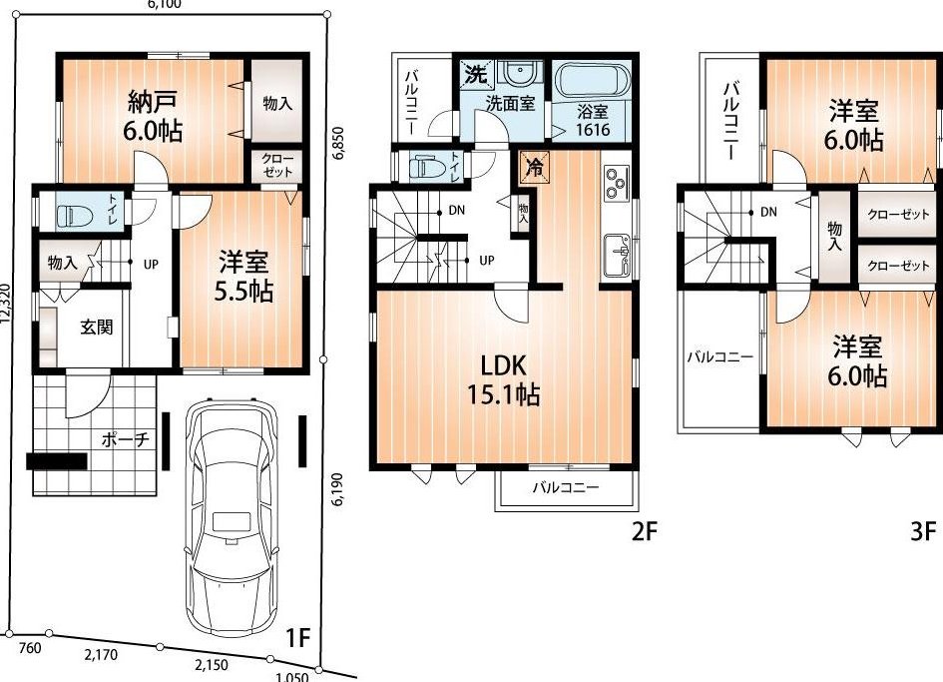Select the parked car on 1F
[232, 521]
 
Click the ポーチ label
[125, 439]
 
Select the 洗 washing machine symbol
[475, 74]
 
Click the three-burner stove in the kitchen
[617, 184]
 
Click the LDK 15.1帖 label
[503, 379]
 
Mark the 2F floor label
[644, 531]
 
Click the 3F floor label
[922, 531]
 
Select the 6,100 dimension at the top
[165, 4]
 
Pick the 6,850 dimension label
[338, 143]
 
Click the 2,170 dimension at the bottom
[101, 655]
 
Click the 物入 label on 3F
[835, 236]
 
